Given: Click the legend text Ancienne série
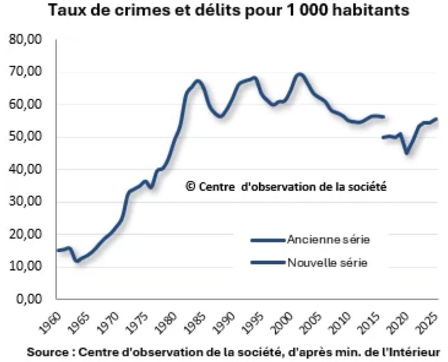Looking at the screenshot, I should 329,240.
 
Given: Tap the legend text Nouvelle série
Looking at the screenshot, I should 328,262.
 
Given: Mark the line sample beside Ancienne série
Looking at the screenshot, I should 267,240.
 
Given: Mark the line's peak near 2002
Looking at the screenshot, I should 300,74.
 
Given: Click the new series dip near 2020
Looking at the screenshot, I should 407,153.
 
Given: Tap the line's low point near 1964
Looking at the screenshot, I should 77,261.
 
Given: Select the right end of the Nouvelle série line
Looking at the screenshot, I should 436,119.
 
